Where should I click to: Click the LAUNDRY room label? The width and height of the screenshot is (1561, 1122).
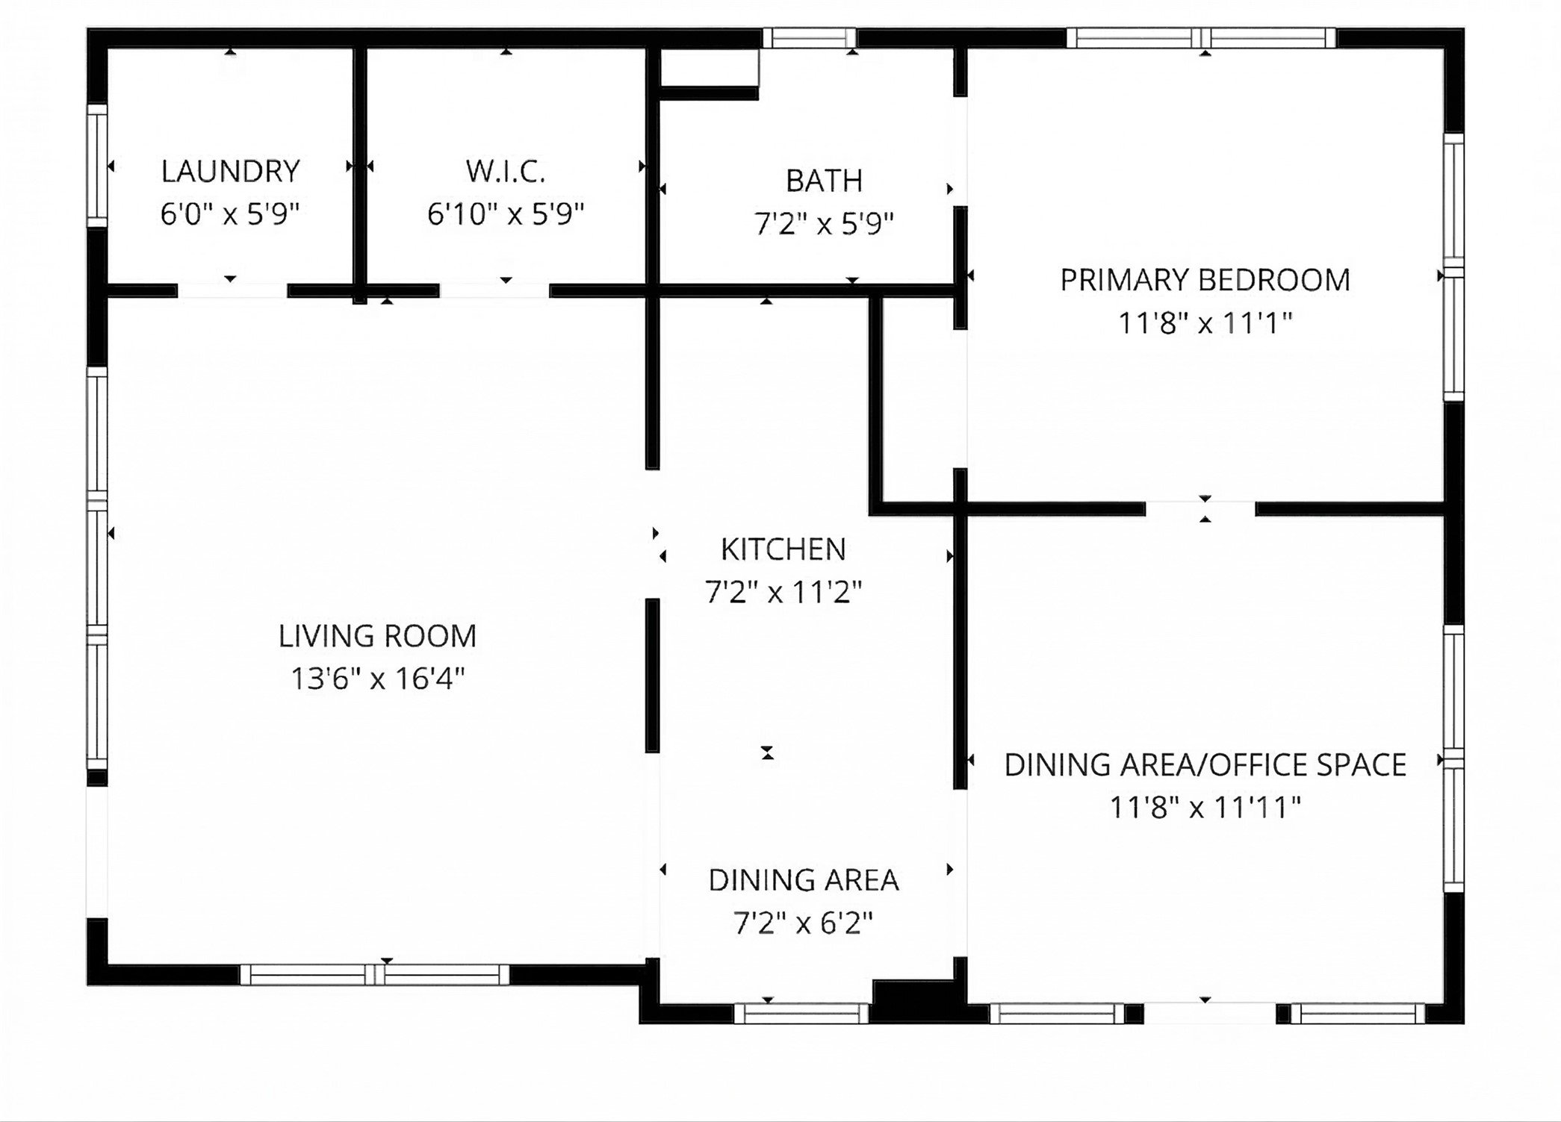[x=230, y=172]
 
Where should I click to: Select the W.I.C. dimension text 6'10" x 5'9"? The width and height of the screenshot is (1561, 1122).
[x=505, y=215]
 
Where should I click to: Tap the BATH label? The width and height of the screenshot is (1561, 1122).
[x=824, y=181]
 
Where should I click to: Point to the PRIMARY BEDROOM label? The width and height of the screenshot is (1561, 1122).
[x=1205, y=281]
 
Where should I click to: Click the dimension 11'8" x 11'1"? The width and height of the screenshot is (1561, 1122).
[x=1205, y=324]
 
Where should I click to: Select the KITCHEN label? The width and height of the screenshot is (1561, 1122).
[x=783, y=550]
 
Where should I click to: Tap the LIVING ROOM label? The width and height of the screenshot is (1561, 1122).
[x=377, y=637]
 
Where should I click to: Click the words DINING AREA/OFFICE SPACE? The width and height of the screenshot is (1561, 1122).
[x=1205, y=765]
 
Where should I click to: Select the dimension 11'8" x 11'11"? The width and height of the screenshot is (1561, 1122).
[x=1205, y=808]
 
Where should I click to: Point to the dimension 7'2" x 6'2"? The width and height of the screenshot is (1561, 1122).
[x=803, y=924]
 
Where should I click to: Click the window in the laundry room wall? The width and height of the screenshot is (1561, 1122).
[x=97, y=166]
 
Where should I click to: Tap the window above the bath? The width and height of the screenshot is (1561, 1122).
[x=809, y=37]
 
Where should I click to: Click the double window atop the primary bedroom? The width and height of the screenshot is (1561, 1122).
[x=1200, y=37]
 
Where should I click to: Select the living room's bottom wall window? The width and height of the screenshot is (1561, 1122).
[x=374, y=974]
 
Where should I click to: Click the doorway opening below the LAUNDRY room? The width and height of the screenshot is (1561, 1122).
[x=232, y=291]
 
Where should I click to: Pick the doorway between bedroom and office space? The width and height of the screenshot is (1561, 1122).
[x=1200, y=509]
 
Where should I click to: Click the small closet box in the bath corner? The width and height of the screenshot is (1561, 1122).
[x=710, y=68]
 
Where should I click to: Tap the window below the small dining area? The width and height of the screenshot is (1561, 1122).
[x=801, y=1013]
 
